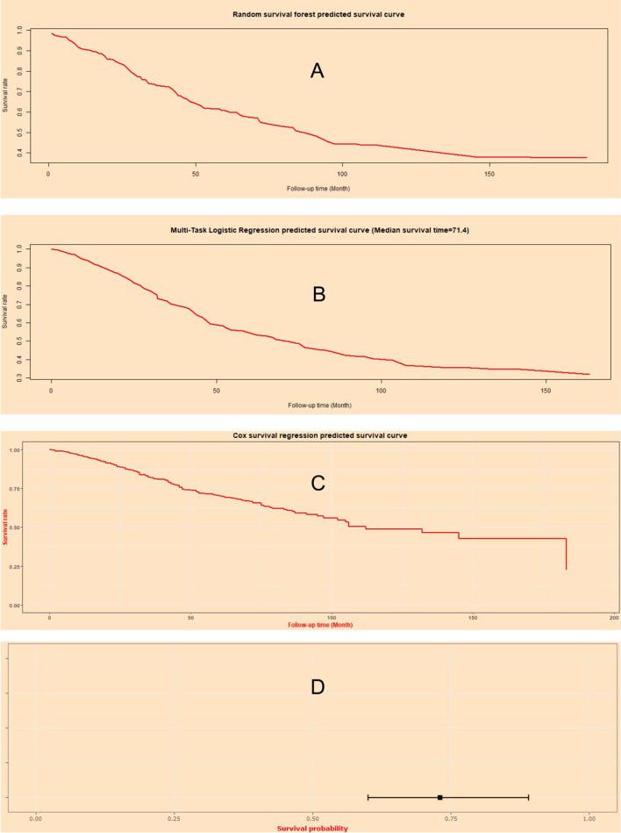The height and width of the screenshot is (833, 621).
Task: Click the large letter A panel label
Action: coord(318,71)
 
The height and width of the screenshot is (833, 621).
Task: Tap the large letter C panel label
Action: coord(318,482)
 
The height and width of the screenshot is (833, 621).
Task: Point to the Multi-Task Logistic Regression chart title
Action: coord(312,231)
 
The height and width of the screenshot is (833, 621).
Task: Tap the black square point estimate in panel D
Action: coord(439,797)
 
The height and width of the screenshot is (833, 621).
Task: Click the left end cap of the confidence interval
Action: coord(368,797)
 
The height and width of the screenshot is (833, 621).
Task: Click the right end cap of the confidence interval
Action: coord(528,797)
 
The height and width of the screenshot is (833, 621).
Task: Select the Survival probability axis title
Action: coord(312,828)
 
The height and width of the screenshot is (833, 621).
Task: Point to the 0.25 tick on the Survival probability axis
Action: coord(174,817)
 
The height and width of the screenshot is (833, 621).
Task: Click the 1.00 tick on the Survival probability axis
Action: coord(589,817)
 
